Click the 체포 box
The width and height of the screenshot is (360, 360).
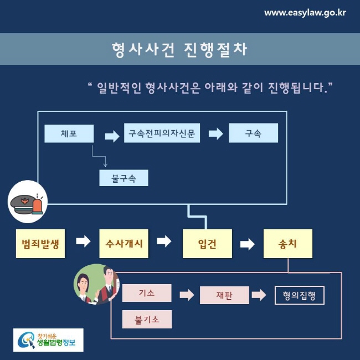69,133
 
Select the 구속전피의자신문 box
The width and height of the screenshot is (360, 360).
161,133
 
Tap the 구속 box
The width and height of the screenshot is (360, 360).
253,133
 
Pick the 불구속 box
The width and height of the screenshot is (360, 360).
123,178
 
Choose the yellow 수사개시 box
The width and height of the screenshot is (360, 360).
124,243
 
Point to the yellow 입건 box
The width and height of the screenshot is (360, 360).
207,244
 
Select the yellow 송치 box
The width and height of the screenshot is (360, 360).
287,244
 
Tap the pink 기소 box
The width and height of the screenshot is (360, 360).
147,292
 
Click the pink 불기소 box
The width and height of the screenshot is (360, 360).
147,320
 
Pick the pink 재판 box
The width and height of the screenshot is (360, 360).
224,295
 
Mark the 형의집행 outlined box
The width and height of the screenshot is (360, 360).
299,295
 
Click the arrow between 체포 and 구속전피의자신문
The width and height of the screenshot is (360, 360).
112,135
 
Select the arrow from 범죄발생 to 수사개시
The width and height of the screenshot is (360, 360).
83,241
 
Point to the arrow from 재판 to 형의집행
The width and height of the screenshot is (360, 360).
259,295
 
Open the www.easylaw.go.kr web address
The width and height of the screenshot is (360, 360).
305,12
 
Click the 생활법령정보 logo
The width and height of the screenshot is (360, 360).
48,340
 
